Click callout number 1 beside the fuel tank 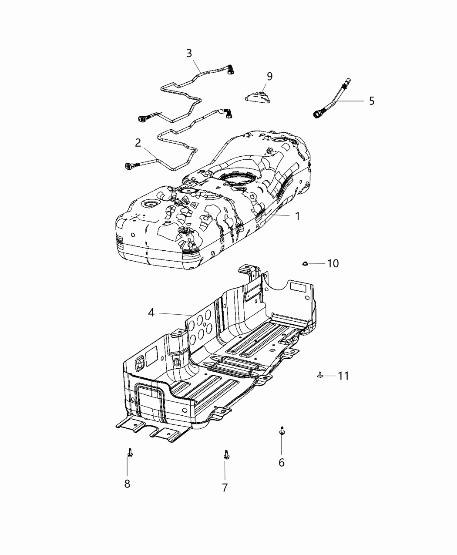pyautogui.click(x=298, y=216)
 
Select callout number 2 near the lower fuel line pyautogui.click(x=138, y=143)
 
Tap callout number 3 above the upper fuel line pyautogui.click(x=189, y=54)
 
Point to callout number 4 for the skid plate pyautogui.click(x=151, y=313)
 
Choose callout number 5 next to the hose pyautogui.click(x=372, y=101)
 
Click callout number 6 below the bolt pyautogui.click(x=282, y=463)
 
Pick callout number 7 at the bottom pyautogui.click(x=225, y=488)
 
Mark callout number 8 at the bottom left pyautogui.click(x=127, y=484)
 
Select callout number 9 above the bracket pyautogui.click(x=269, y=77)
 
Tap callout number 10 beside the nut pyautogui.click(x=333, y=263)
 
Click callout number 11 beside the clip pyautogui.click(x=343, y=376)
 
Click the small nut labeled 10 pyautogui.click(x=305, y=264)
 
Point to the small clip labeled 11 pyautogui.click(x=320, y=375)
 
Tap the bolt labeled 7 pyautogui.click(x=226, y=454)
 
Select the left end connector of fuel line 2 pyautogui.click(x=129, y=166)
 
